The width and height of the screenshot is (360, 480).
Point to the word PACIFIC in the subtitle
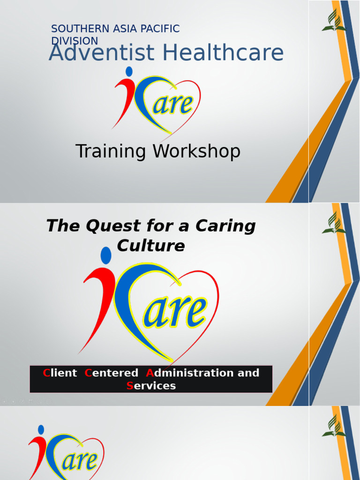point(161,29)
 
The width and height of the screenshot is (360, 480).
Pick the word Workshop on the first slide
point(196,151)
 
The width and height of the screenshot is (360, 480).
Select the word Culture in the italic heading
point(150,245)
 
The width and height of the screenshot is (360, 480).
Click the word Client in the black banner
point(60,373)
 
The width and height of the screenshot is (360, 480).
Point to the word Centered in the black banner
point(112,373)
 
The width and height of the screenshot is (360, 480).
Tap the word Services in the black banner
point(151,386)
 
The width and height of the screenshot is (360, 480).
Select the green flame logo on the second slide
point(334,224)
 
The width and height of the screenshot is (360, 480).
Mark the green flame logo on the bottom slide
point(334,427)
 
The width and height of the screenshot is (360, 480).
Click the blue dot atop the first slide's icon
point(129,71)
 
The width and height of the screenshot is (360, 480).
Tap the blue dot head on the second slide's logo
point(106,255)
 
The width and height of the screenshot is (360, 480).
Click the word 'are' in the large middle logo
point(175,312)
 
